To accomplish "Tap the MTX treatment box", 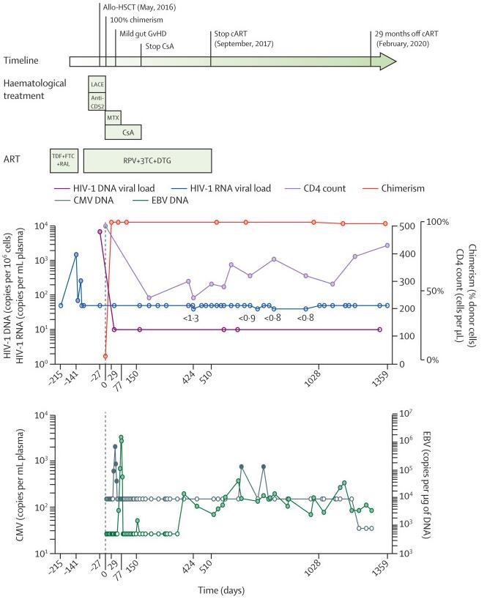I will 112,117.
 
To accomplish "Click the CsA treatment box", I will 122,132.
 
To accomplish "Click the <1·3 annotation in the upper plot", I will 193,318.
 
